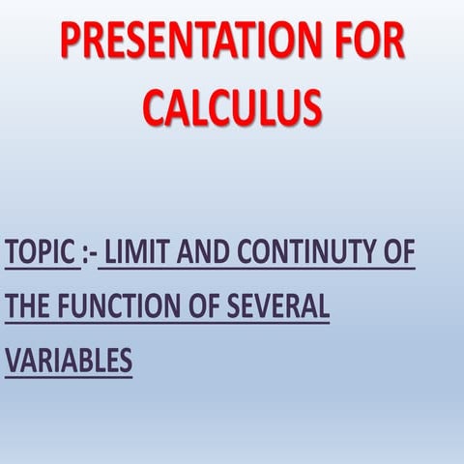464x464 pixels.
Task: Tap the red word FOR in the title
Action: (x=368, y=43)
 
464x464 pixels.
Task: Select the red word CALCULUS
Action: (x=232, y=105)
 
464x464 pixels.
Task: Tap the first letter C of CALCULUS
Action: (x=155, y=105)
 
